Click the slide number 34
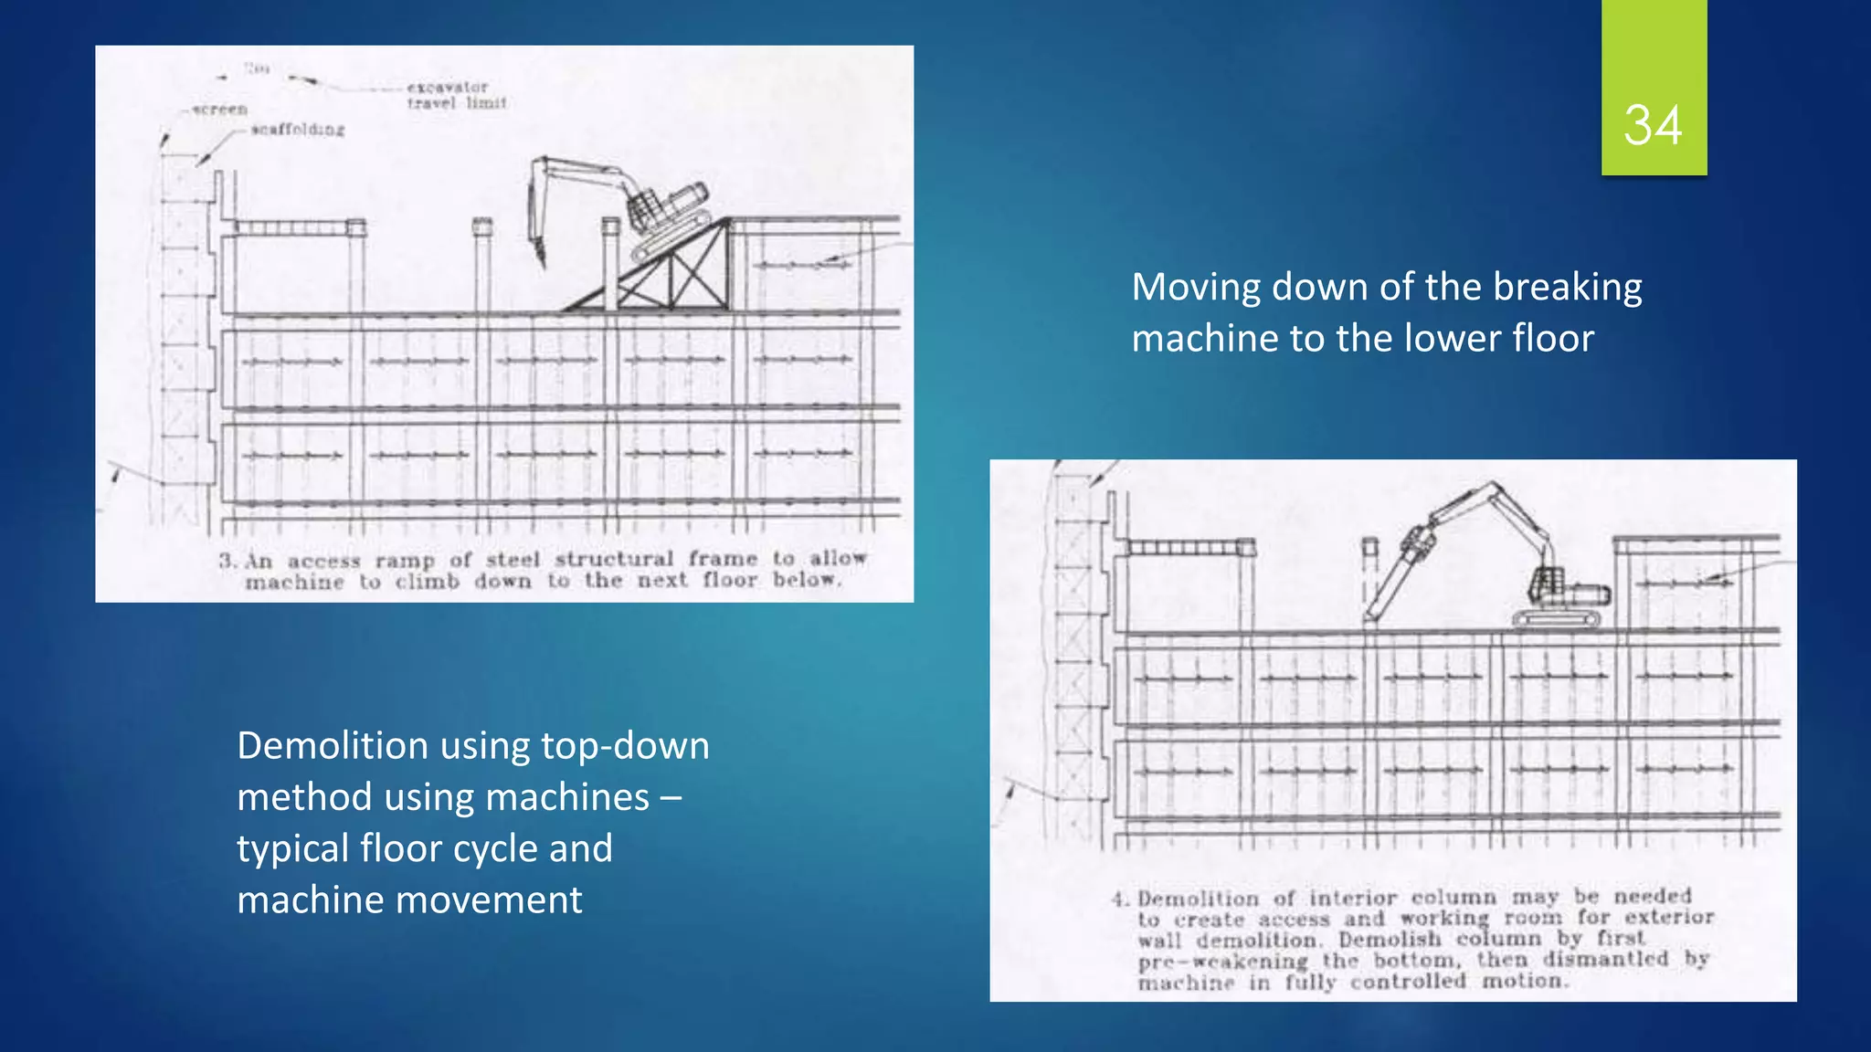point(1653,125)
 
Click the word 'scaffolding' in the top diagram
point(298,130)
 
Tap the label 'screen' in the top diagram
point(220,109)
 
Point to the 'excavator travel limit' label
point(454,95)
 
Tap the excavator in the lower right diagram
point(1553,584)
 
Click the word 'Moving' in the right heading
point(1196,287)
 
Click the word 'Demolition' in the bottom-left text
point(333,745)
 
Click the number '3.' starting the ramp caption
point(227,560)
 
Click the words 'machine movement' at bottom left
point(409,899)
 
